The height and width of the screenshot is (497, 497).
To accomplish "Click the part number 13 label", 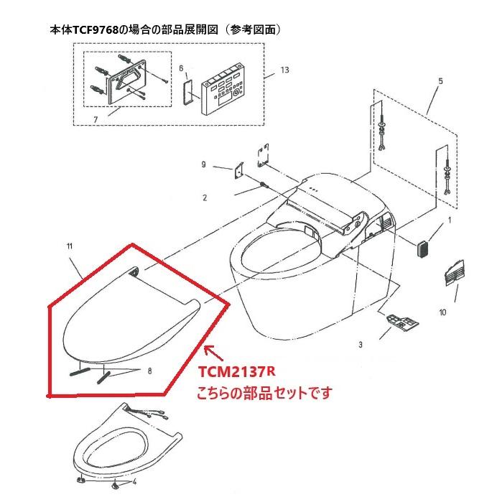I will [285, 70].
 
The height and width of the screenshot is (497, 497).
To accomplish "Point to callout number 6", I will [181, 68].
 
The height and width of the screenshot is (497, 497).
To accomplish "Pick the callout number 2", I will [204, 197].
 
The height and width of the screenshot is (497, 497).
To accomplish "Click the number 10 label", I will [442, 312].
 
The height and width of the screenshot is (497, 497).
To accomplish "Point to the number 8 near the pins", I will [149, 371].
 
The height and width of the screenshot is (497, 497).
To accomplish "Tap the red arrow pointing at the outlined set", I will [213, 352].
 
